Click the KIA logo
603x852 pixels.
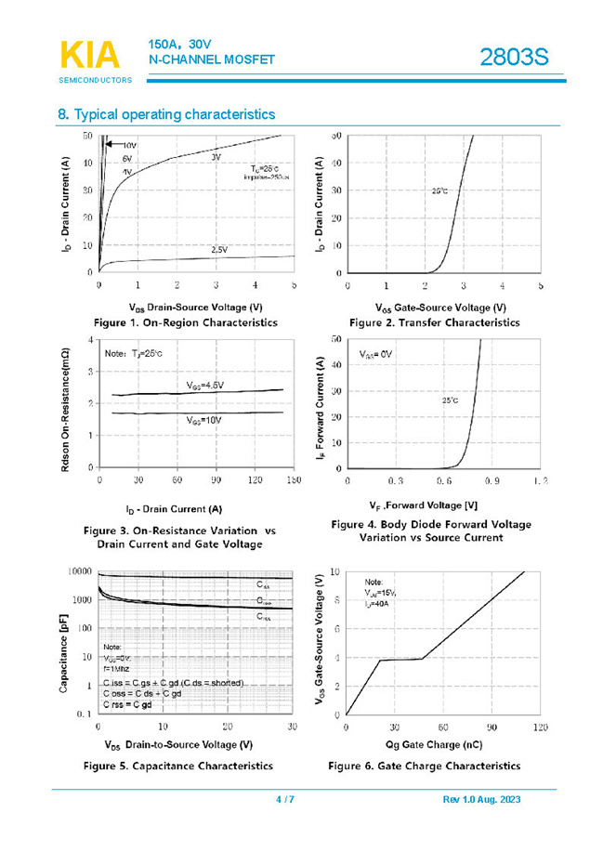tap(91, 55)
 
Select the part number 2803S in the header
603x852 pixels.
tap(514, 58)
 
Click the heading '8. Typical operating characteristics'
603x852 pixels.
tap(166, 114)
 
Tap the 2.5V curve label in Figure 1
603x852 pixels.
tap(219, 250)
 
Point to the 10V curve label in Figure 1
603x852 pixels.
tap(129, 146)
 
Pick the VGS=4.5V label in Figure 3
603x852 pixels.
tap(205, 385)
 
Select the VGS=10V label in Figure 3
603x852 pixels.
tap(203, 420)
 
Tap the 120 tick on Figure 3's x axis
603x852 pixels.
tap(254, 480)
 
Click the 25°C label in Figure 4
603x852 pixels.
tap(450, 400)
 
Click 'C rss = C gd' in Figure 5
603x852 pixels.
tap(127, 705)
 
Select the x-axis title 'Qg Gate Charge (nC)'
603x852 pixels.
tap(434, 745)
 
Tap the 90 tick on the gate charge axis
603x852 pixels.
tap(492, 727)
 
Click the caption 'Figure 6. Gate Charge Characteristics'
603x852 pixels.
tap(424, 766)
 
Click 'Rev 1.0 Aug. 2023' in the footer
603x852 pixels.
tap(483, 800)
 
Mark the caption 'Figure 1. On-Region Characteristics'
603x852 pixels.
tap(186, 322)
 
